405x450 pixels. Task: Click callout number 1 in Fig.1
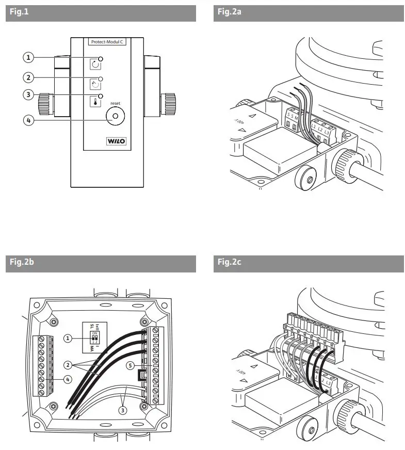(30, 56)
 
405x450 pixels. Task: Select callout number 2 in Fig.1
(30, 77)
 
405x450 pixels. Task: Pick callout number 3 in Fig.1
(30, 94)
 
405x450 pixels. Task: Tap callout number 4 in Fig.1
(30, 120)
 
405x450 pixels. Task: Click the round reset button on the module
(115, 117)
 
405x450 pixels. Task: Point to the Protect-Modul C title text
(107, 42)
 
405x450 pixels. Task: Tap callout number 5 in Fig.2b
(132, 366)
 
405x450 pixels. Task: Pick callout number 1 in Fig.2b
(68, 339)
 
